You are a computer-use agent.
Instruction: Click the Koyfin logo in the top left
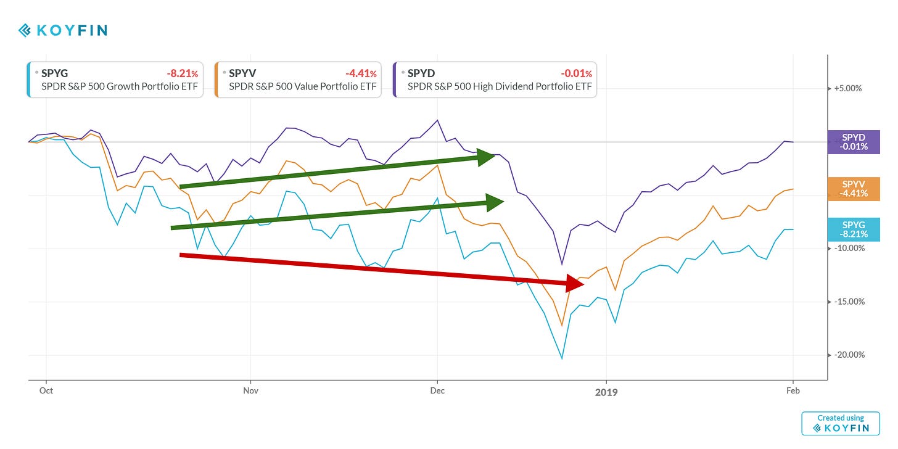click(63, 30)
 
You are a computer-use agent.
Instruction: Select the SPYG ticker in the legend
click(54, 73)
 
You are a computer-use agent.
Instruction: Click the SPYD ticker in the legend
click(421, 73)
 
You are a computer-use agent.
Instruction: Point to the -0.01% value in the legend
click(574, 73)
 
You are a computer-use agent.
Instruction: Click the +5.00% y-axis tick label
click(848, 88)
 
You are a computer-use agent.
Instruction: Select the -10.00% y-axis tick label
click(848, 248)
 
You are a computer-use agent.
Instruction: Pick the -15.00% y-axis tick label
click(848, 302)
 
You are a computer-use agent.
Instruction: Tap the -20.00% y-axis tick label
click(848, 355)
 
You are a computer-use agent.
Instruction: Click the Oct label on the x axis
click(46, 390)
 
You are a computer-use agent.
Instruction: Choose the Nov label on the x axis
click(250, 390)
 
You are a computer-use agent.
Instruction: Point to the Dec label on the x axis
click(437, 390)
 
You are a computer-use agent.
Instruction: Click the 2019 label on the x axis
click(606, 392)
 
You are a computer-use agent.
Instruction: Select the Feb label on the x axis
click(793, 390)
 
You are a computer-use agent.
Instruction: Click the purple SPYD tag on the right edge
click(854, 142)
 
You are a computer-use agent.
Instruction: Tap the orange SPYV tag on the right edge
click(854, 188)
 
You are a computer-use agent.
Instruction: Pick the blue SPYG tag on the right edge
click(854, 229)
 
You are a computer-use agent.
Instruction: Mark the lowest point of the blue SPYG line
click(562, 358)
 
